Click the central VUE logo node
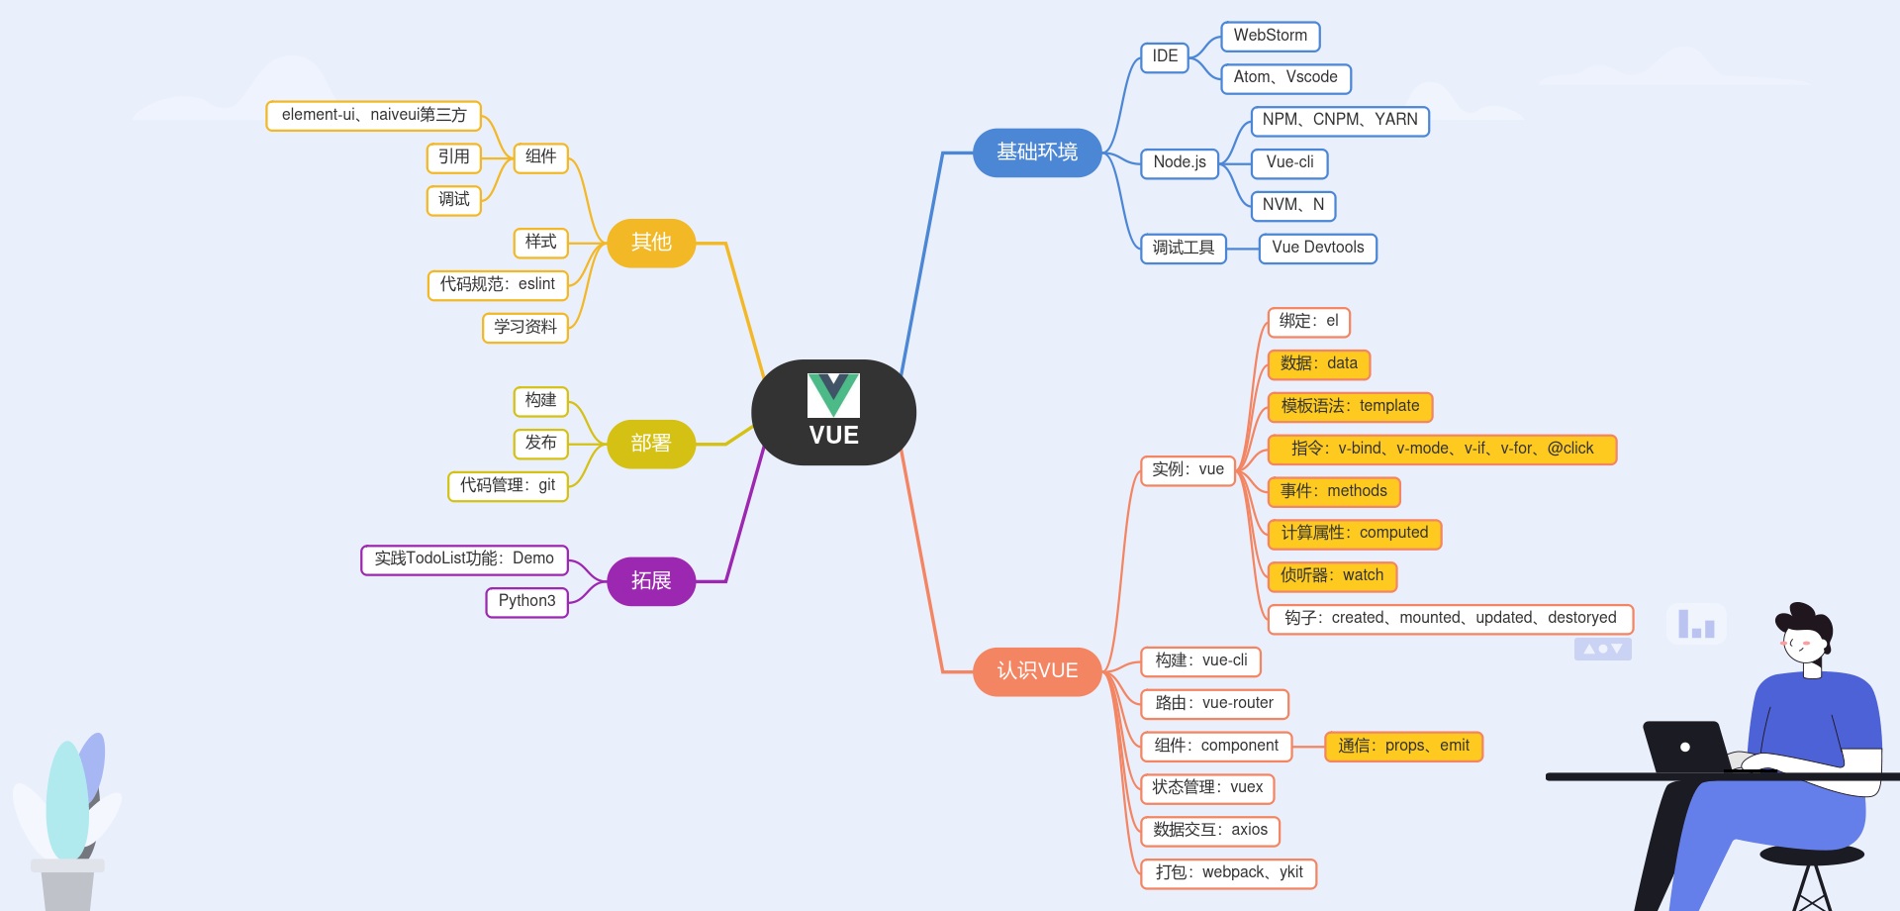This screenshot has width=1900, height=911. click(833, 412)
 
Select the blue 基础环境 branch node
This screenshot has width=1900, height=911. click(1036, 152)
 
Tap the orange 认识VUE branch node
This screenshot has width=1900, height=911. click(1036, 671)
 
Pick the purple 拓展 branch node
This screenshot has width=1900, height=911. click(650, 581)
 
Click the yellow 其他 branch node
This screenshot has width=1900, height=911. click(650, 243)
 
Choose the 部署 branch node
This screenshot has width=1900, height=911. click(650, 444)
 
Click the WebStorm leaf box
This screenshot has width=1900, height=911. click(1270, 36)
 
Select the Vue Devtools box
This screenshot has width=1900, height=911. click(1317, 248)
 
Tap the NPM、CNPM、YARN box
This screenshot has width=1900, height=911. click(1339, 120)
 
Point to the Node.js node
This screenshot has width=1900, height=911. click(1179, 162)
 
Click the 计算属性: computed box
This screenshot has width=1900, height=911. click(1354, 533)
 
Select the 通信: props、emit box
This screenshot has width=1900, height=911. click(1403, 746)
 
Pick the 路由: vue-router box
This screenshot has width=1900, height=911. click(1214, 703)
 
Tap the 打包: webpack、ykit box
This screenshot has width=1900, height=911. click(1228, 872)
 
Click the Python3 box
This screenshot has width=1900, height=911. click(526, 601)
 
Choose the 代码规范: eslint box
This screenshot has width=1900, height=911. click(498, 284)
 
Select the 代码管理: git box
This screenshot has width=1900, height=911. click(508, 485)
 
